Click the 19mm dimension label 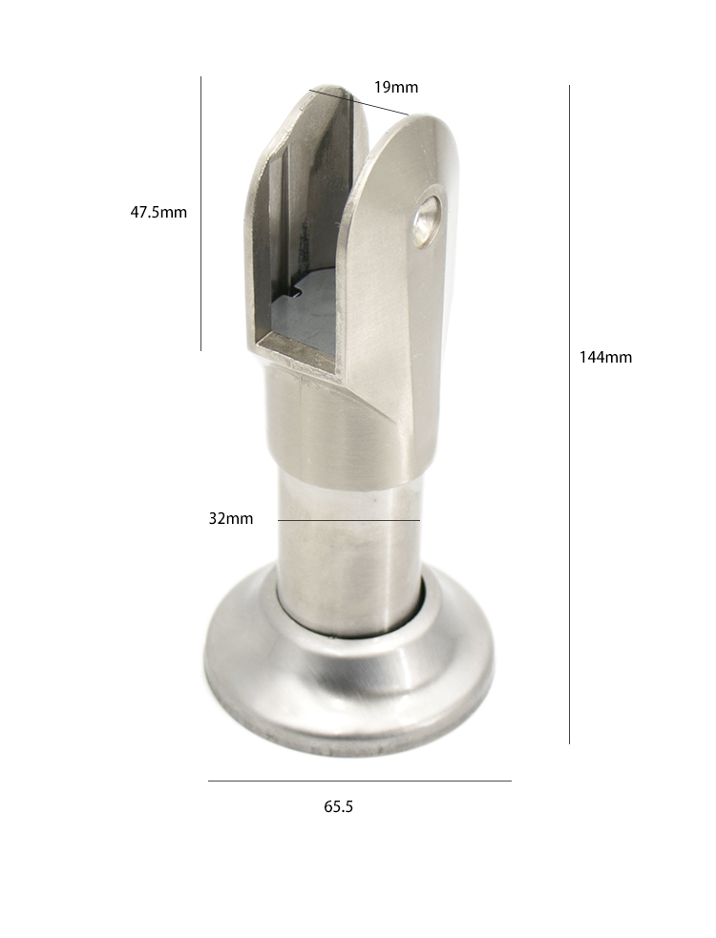tap(396, 88)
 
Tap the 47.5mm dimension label tap(158, 212)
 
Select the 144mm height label tap(605, 357)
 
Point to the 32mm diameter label tap(230, 518)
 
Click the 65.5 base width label tap(338, 806)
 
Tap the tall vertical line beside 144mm tap(569, 414)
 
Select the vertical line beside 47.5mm tap(201, 214)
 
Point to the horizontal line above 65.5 tap(359, 780)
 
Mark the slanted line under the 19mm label tap(359, 102)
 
